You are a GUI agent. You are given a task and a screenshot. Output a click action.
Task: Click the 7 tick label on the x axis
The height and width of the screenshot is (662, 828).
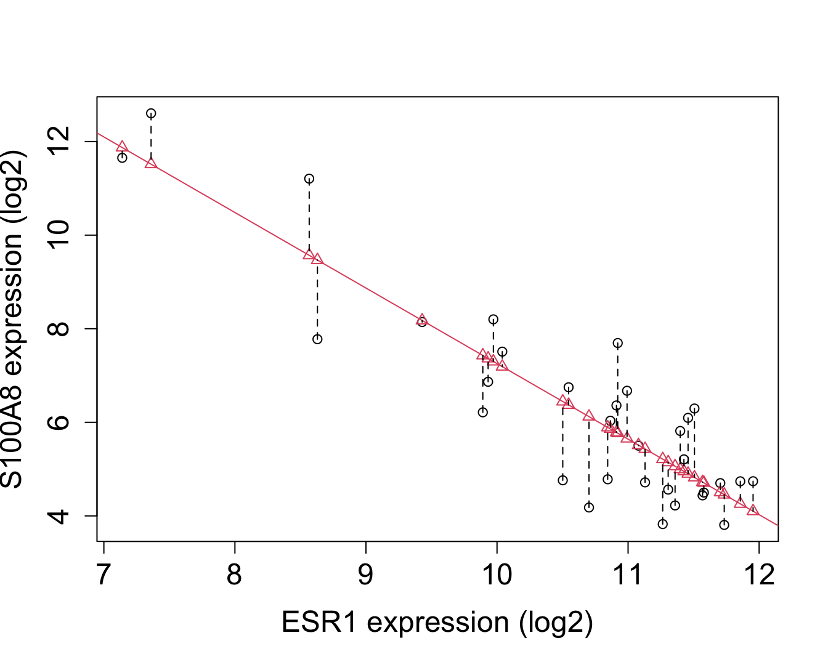point(103,575)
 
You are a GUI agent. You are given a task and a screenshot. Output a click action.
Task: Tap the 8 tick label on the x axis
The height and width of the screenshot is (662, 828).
point(235,575)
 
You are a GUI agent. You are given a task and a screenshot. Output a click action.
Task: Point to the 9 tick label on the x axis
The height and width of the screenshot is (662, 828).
point(366,575)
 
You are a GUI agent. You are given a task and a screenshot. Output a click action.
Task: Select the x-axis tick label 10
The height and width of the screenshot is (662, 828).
point(497,575)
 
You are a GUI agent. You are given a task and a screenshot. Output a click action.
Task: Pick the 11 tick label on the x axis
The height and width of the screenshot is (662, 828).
point(628,575)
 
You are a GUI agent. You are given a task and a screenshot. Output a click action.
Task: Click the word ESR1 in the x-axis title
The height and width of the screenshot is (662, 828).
point(319,623)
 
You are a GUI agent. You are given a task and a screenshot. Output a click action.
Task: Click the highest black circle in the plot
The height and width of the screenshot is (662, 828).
point(151,113)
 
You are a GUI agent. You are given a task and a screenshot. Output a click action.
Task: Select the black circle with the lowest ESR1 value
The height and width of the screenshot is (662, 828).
point(122,158)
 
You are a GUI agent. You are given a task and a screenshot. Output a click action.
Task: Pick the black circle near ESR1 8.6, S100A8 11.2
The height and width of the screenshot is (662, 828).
point(309,179)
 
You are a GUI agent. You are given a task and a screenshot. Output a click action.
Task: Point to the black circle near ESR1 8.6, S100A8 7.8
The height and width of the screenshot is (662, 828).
point(317,339)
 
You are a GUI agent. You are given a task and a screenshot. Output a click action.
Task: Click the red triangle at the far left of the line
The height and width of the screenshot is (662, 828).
point(122,147)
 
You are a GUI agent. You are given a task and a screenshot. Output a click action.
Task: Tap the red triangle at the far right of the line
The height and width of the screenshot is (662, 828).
point(753,510)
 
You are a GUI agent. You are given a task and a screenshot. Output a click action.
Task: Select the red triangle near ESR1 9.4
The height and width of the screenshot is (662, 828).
point(422,320)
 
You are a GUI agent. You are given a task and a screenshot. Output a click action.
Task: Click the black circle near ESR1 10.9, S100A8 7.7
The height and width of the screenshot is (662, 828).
point(618,343)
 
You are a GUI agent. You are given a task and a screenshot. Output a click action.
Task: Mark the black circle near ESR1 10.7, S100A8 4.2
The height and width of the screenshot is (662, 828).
point(589,507)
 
